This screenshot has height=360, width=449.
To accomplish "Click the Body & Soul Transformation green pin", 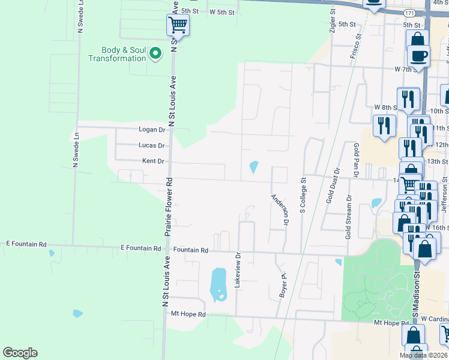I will [x=155, y=54].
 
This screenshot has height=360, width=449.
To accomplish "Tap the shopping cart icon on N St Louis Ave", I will [x=178, y=25].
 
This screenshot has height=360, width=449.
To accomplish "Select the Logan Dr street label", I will [x=151, y=130].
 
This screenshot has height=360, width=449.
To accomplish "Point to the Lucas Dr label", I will [x=151, y=146].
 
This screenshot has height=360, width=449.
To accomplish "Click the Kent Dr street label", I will [x=153, y=161].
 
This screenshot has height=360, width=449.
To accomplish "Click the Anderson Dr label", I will [x=280, y=209].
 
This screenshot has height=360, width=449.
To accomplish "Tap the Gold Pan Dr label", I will [x=356, y=160].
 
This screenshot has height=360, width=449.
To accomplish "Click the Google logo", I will [x=20, y=353].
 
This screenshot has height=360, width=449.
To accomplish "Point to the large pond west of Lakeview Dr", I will [x=218, y=284].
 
